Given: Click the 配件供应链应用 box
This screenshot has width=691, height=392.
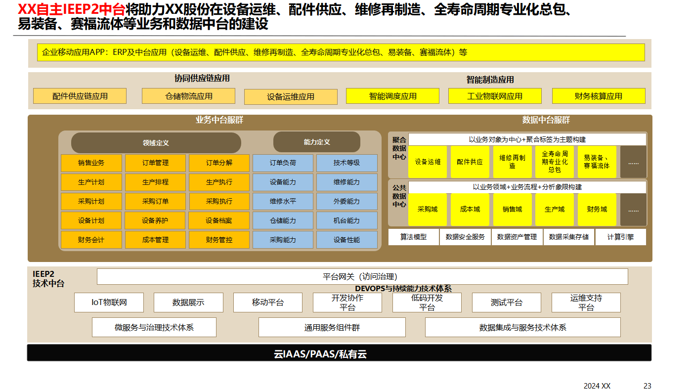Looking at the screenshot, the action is coord(80,96).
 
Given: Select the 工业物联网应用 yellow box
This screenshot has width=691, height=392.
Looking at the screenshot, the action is coord(495,96).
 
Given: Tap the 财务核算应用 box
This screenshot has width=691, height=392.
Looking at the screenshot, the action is coord(598,96).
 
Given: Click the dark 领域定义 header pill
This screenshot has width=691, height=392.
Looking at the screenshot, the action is coord(156,143).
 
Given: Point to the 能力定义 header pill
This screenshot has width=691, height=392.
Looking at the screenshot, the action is coord(316,142).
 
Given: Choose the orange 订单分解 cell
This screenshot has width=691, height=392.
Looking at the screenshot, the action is coord(219,163).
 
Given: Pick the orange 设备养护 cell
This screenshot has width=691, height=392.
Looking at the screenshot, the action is coord(155,221).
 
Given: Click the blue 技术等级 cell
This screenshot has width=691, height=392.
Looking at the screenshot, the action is coord(346,163).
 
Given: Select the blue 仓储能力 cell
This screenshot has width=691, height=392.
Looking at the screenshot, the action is coord(283,221).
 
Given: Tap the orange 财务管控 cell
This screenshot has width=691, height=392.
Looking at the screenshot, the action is coord(219,240).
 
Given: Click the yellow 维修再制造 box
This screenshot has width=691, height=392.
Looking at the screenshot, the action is coord(512,162).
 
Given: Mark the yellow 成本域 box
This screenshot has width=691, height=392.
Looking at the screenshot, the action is coord(470,209).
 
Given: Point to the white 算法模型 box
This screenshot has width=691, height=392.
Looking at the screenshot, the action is coord(413,237).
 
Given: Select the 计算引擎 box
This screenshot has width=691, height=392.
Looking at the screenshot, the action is coord(621,237).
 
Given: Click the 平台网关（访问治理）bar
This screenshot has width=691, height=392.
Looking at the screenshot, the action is coord(362,277).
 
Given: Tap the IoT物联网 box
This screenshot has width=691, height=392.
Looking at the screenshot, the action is coord(109,303).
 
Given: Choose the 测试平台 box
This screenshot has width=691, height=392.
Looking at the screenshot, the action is coord(506,303).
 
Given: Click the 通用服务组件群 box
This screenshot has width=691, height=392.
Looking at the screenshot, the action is coord(332,327).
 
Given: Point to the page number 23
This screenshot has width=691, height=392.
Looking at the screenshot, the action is coord(647,386).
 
